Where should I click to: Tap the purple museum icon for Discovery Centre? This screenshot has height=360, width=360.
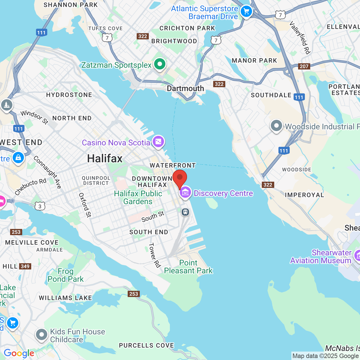(185, 193)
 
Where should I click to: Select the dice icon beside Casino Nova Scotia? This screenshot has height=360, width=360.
(158, 141)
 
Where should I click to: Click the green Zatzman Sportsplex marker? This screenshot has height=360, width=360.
(160, 64)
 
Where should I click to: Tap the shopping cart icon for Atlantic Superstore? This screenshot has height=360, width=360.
(246, 12)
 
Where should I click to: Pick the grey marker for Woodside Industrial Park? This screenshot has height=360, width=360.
(276, 126)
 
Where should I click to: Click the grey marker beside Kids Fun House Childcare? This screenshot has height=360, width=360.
(42, 335)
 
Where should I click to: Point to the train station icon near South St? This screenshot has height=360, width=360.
(185, 212)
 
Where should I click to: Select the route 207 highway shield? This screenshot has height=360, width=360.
(304, 66)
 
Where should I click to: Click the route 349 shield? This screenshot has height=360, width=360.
(25, 266)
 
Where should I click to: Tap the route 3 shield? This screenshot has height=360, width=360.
(40, 206)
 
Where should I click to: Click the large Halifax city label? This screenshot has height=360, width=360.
(105, 159)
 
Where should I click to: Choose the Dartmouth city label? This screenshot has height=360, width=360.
(185, 88)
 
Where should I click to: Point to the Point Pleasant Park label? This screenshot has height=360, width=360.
(188, 267)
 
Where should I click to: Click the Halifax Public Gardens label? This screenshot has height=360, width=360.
(138, 197)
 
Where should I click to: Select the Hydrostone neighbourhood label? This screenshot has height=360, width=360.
(69, 95)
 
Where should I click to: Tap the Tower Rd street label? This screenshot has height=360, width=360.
(154, 255)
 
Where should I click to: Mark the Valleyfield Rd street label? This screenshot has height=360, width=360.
(300, 37)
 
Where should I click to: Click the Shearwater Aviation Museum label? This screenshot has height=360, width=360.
(321, 256)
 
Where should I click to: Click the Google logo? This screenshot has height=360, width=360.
(19, 353)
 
